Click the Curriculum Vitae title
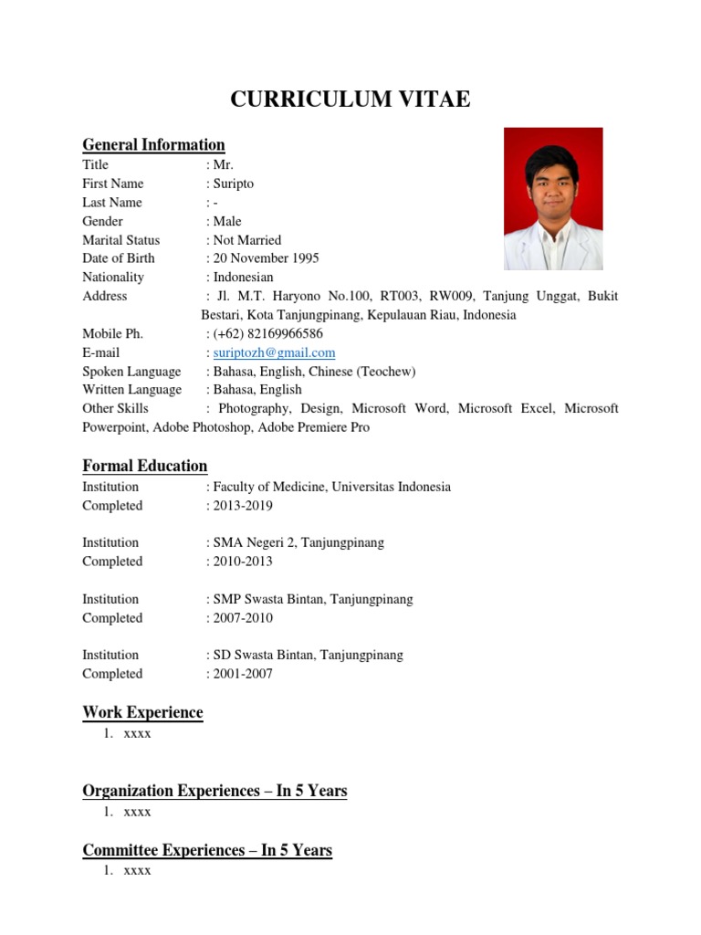(x=350, y=100)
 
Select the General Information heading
(x=153, y=144)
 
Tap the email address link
(x=274, y=352)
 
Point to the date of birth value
(x=265, y=258)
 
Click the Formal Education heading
(x=145, y=466)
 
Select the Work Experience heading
(x=142, y=712)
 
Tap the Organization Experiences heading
(x=214, y=791)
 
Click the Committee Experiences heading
(x=207, y=850)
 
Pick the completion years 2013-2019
(x=242, y=506)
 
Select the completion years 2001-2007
(x=242, y=674)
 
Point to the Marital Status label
(x=120, y=240)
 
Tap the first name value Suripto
(x=233, y=184)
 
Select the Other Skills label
(x=115, y=408)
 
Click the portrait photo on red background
(x=553, y=198)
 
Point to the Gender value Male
(x=226, y=221)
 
